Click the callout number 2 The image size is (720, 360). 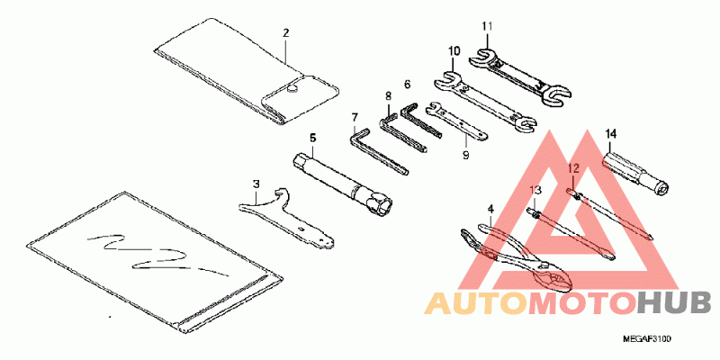(285, 33)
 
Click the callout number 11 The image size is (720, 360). (486, 25)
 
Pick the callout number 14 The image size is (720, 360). (610, 134)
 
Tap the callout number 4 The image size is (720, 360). (490, 209)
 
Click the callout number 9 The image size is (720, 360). (465, 155)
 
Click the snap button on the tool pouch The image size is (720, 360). (294, 87)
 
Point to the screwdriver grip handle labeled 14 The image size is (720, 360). (630, 170)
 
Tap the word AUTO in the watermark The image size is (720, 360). (476, 302)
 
